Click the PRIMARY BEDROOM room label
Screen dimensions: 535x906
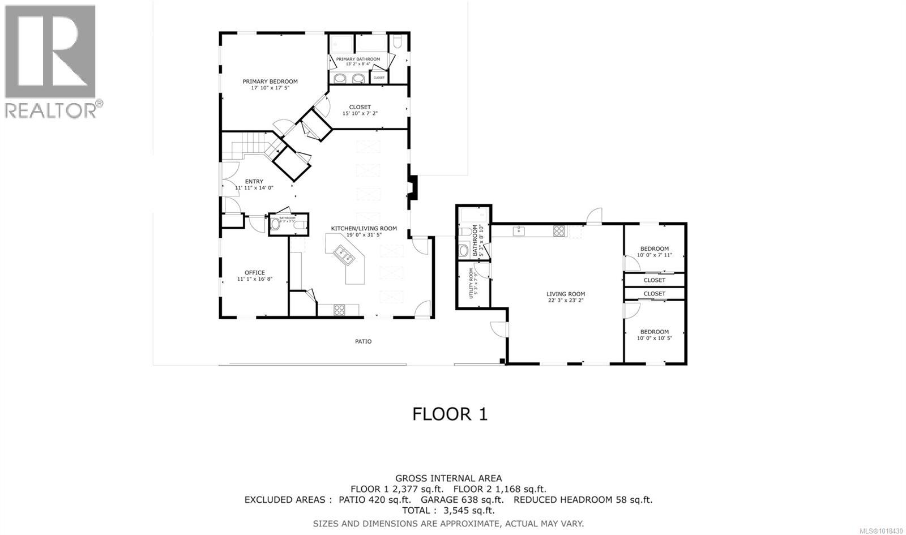(x=270, y=82)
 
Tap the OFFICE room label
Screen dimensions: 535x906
(x=254, y=273)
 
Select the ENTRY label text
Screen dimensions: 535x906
(x=254, y=182)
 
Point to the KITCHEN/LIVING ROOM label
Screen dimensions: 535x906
(x=364, y=229)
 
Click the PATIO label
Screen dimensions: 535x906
(x=363, y=341)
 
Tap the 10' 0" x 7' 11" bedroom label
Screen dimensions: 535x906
(x=654, y=249)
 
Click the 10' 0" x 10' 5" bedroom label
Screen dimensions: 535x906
(x=654, y=332)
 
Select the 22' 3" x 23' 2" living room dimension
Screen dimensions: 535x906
(x=565, y=301)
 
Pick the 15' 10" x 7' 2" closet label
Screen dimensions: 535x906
(x=360, y=113)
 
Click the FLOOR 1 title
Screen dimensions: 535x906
(x=450, y=414)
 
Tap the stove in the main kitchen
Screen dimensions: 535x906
(x=339, y=310)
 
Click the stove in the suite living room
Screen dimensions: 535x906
(x=559, y=230)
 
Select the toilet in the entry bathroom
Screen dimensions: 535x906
(x=276, y=225)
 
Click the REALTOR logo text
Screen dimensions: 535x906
(x=51, y=109)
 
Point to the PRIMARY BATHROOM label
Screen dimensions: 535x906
(x=358, y=59)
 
